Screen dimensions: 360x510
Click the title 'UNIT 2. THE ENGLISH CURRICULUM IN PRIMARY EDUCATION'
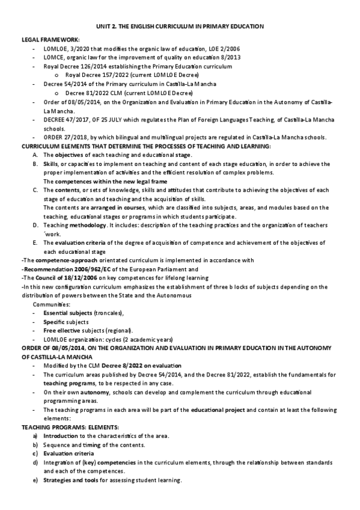pyautogui.click(x=180, y=27)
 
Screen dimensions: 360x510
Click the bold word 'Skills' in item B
pyautogui.click(x=50, y=164)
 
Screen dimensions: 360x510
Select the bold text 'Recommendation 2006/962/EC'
pyautogui.click(x=59, y=269)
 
